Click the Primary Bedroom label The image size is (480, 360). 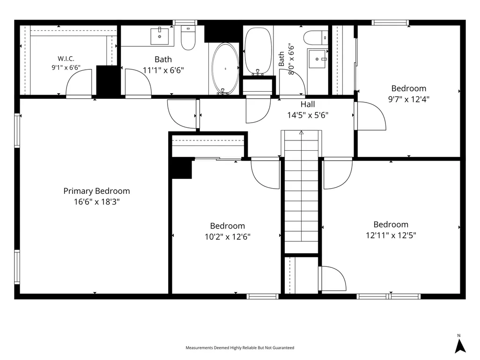coord(96,191)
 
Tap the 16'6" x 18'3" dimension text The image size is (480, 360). coord(96,202)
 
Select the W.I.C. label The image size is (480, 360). coord(66,59)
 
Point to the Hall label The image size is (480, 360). coord(308,104)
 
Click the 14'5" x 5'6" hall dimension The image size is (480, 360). coord(308,115)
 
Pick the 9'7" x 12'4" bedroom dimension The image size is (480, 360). coord(409,99)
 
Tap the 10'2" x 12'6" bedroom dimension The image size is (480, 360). coord(228,236)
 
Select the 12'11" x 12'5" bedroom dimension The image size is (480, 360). coord(391,235)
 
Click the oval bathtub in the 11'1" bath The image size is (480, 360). coord(225,68)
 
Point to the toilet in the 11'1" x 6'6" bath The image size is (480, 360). coord(188,37)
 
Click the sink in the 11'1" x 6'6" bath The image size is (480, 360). coord(160,37)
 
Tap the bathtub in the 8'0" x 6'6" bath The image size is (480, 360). coord(258,51)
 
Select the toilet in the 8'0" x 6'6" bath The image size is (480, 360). coord(316,38)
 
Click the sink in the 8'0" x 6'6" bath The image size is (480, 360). coord(317,59)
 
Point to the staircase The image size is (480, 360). coord(302,191)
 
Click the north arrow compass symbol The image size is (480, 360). coord(459,345)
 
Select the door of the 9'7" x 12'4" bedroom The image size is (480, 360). coord(370,116)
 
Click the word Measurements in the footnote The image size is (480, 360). coord(199,348)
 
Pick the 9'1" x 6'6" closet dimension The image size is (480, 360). coord(66,67)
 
